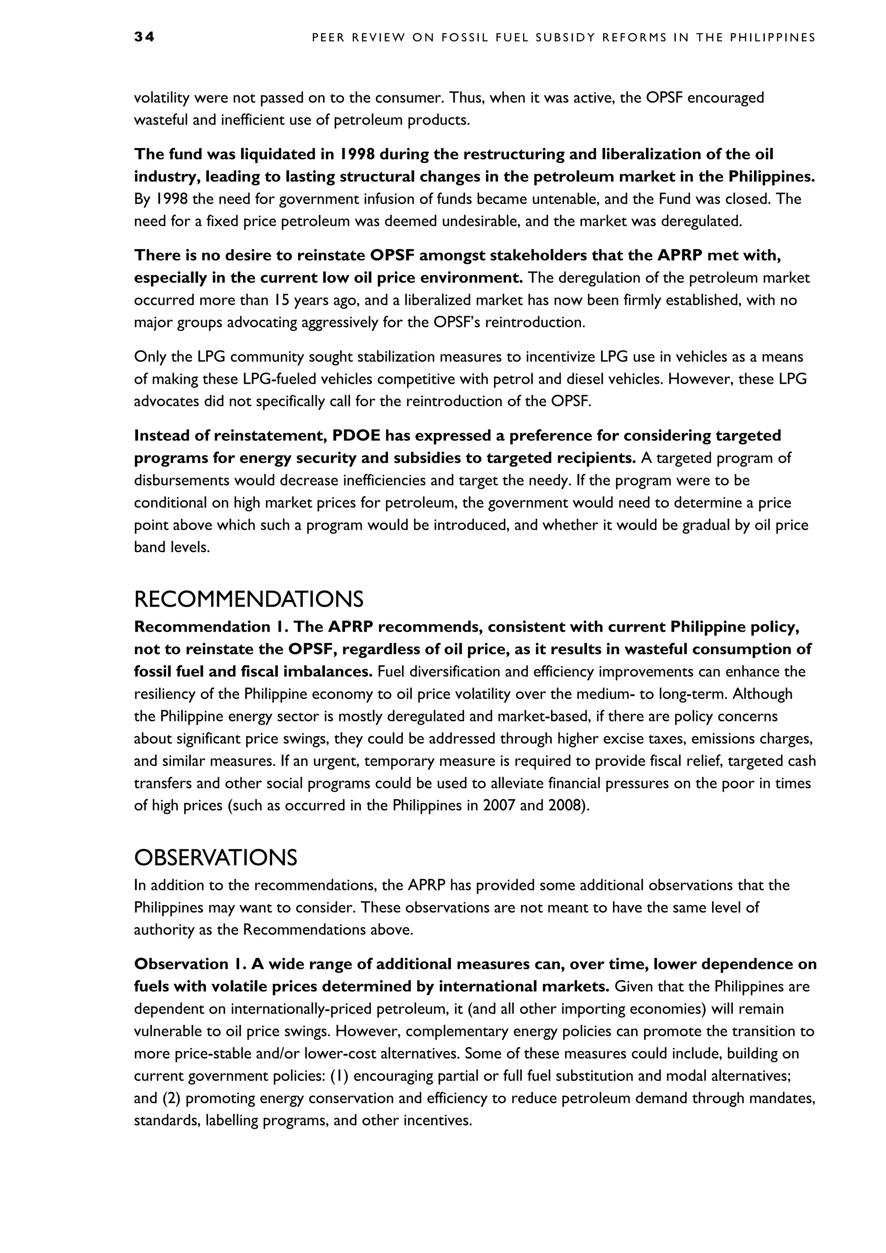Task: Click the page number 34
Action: (x=144, y=37)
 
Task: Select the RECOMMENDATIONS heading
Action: (x=248, y=600)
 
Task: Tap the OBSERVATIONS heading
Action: (x=215, y=858)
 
